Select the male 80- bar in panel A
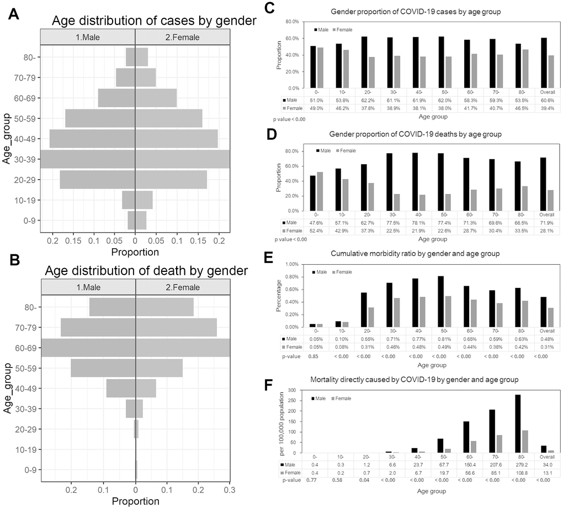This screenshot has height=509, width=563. pos(130,57)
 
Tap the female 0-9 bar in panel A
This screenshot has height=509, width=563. pos(141,220)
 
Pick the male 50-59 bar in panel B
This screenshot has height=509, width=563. pos(103,368)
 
